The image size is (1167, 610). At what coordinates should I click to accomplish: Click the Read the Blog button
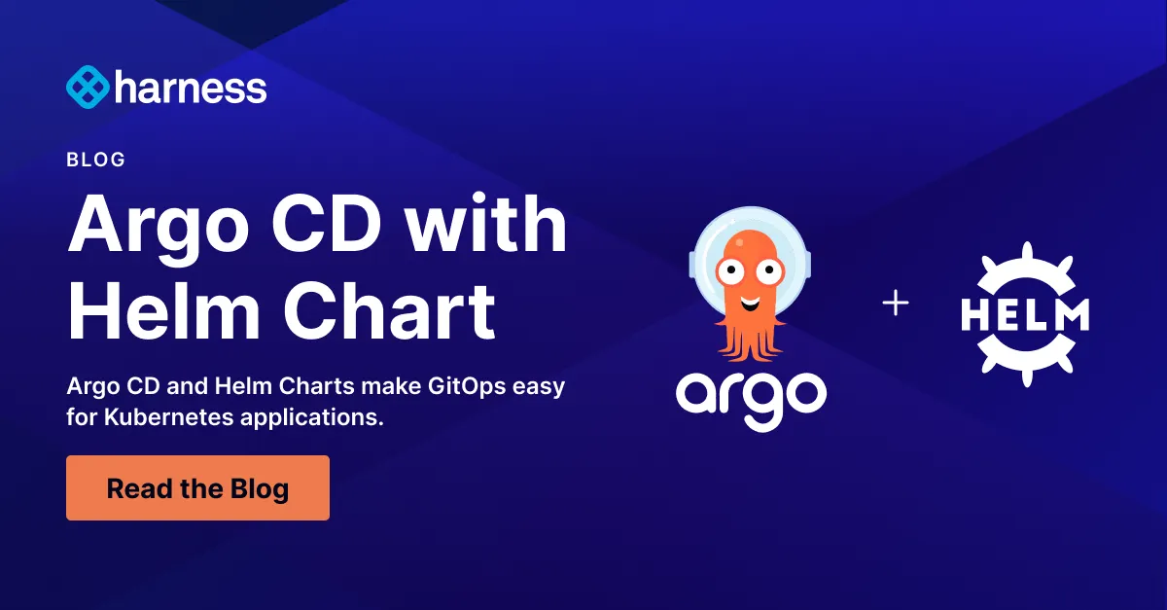pos(197,487)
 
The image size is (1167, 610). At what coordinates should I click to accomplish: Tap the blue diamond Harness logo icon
pos(87,88)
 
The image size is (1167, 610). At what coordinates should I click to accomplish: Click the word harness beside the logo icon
pos(190,89)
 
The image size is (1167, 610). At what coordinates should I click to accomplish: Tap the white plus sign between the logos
pos(895,304)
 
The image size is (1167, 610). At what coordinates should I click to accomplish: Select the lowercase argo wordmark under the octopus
pos(751,394)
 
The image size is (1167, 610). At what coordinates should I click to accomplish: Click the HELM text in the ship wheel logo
pos(1025,312)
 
